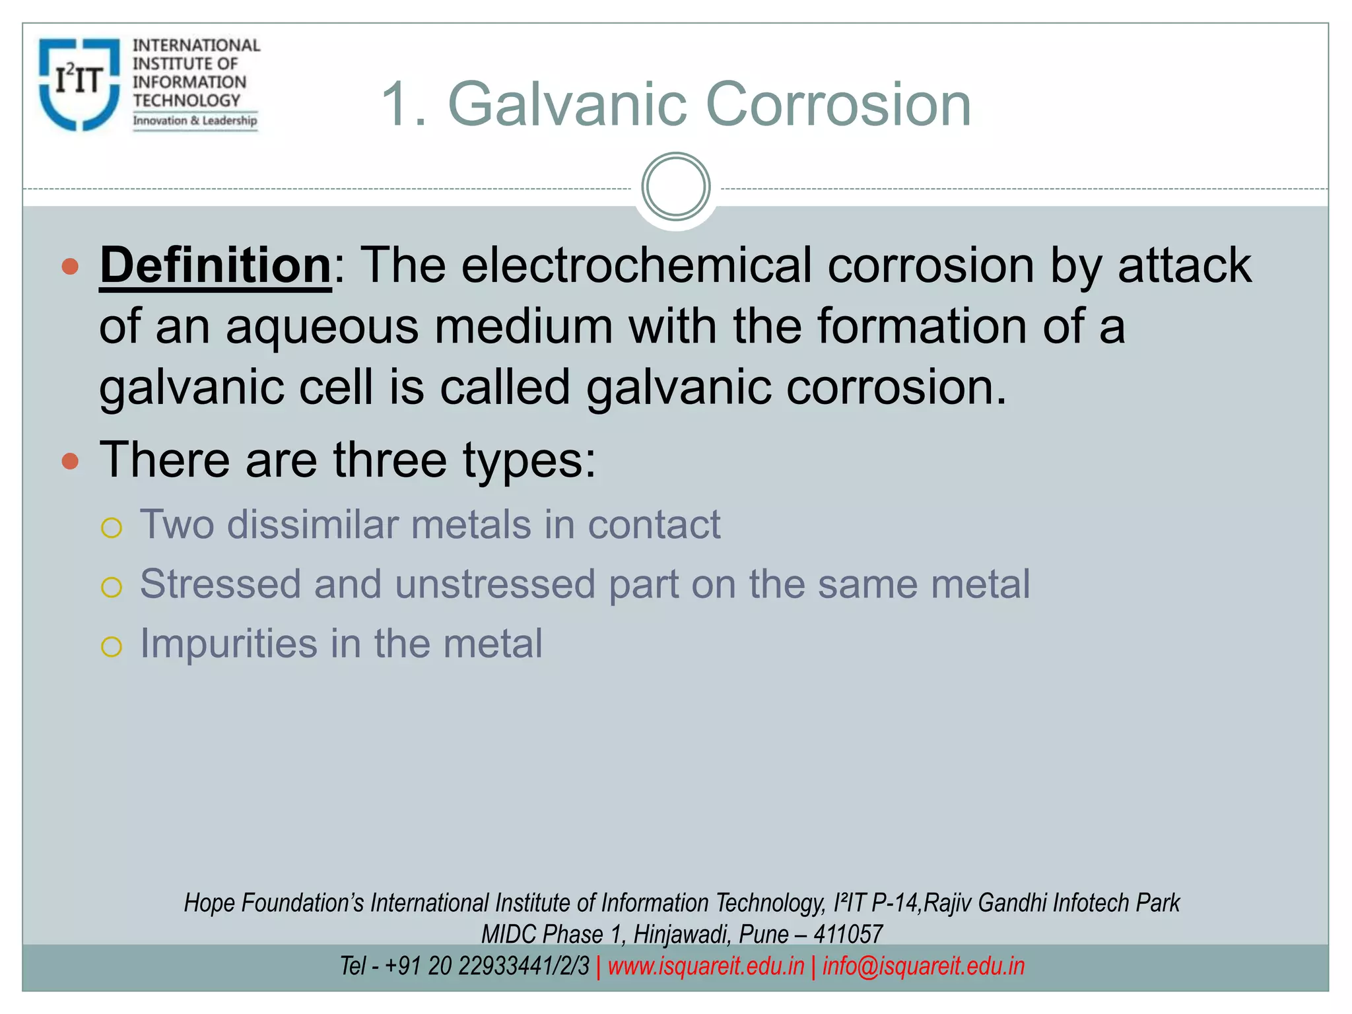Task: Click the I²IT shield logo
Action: pos(79,84)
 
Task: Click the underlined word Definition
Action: pos(215,265)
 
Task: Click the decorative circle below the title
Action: pos(675,187)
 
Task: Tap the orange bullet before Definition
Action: pos(70,267)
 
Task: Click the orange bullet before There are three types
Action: pos(70,461)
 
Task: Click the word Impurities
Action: pos(228,644)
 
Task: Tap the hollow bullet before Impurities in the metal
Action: pos(112,646)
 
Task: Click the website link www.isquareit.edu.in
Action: pos(706,966)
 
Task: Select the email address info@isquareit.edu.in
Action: pos(924,966)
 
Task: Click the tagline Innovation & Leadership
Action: pos(195,121)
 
